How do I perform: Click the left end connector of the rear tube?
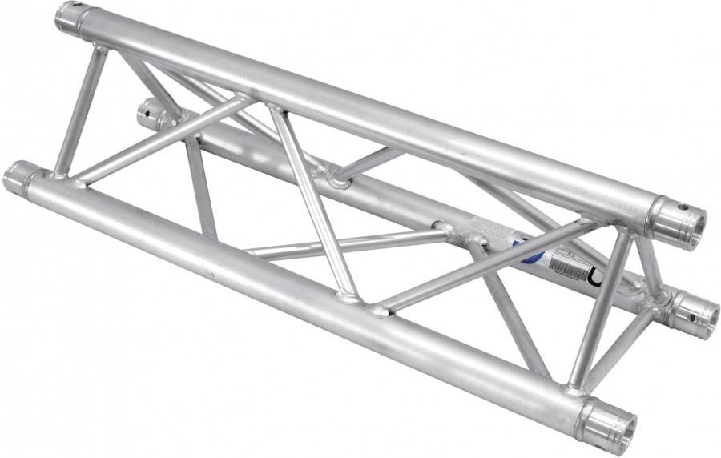tap(151, 117)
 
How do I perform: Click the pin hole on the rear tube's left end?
tap(146, 113)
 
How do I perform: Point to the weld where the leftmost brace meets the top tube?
tap(99, 50)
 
